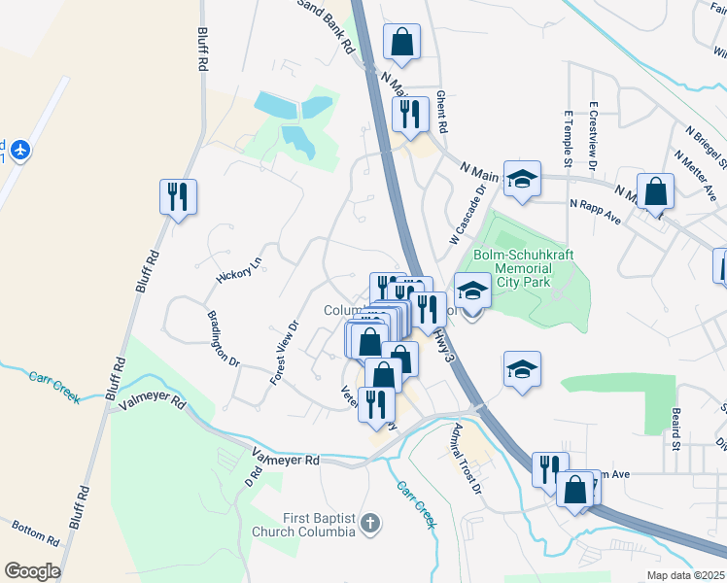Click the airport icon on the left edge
22,150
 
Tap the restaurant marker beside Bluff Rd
178,197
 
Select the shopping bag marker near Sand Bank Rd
401,43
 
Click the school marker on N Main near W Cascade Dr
522,179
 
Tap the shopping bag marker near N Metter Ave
656,191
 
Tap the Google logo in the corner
32,570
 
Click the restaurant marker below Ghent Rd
410,114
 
